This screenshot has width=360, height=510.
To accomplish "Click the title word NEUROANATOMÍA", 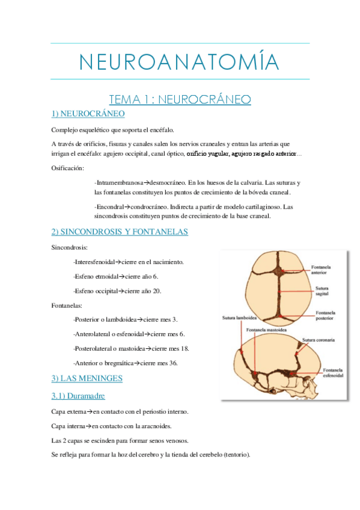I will (x=180, y=61).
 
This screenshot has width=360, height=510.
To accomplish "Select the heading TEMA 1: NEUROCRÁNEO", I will (x=179, y=99).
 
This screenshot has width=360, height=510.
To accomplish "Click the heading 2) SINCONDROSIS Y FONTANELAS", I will (x=120, y=232).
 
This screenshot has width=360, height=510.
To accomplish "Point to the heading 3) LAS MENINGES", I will (x=87, y=378).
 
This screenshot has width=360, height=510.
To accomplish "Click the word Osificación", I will (x=68, y=168).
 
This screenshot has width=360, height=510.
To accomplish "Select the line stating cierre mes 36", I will (x=126, y=363).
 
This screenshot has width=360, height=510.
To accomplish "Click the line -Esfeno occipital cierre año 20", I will (x=118, y=291).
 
